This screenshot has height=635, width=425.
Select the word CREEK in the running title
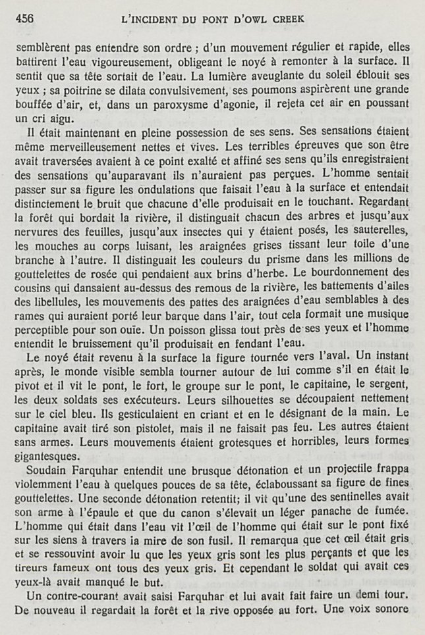289,18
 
